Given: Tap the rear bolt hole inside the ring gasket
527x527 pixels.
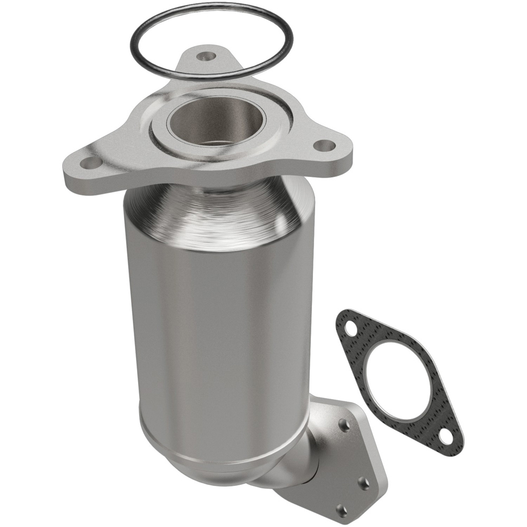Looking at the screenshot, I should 204,55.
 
